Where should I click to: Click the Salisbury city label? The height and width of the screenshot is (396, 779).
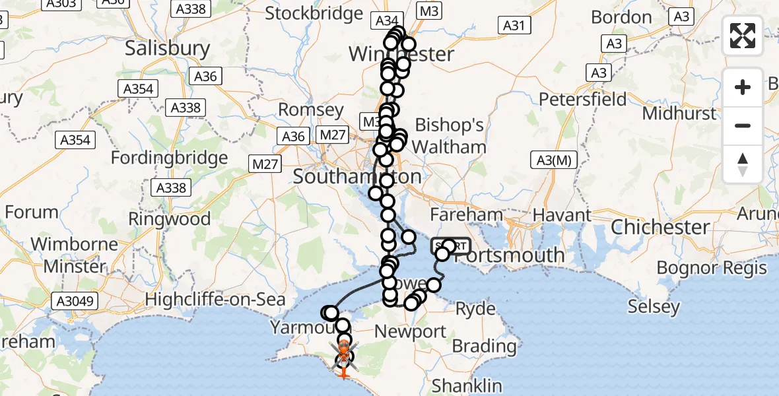(x=167, y=48)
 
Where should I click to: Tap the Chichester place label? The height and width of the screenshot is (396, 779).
(x=660, y=227)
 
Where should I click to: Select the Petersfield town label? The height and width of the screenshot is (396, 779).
(x=583, y=100)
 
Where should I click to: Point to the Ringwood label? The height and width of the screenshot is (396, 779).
(x=170, y=218)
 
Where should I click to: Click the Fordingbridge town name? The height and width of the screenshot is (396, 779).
(x=170, y=158)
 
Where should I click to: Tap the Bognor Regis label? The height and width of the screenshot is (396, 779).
(x=712, y=267)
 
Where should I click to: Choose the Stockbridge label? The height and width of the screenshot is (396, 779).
(x=314, y=13)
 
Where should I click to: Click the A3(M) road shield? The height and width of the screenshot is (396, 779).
(x=553, y=159)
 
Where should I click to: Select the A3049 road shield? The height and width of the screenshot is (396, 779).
(x=77, y=302)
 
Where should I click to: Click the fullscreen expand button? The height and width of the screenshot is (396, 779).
(x=743, y=36)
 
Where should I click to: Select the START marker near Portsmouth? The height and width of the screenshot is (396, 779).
(x=451, y=247)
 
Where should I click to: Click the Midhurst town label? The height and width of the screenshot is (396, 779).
(x=679, y=114)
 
